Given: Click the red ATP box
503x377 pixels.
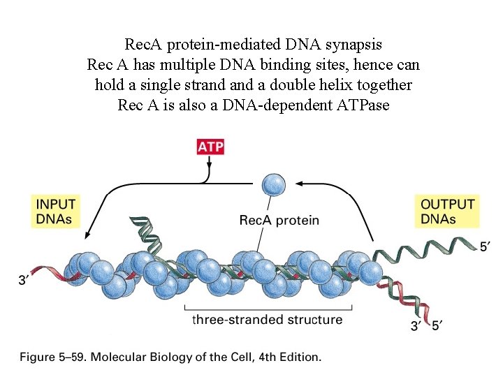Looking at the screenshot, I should coord(210,147).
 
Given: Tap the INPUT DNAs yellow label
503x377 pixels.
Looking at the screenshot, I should coord(55,211).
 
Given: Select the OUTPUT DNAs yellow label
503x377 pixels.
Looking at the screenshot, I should coord(448,211).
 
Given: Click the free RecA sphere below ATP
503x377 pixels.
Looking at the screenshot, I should coord(273,185).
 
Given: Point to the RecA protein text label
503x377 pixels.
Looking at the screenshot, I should coord(279,221).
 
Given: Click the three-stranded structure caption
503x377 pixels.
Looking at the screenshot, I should coord(268,320).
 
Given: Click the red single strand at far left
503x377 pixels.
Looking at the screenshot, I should coord(49,273).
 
